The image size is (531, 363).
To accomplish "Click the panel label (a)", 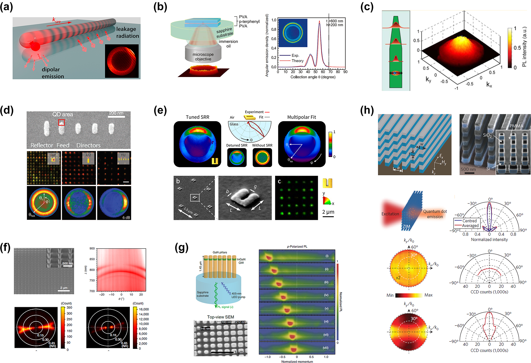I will click(x=6, y=7).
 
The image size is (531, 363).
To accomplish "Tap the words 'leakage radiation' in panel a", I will click(x=127, y=32).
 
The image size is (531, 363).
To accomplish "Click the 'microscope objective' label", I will click(x=203, y=57).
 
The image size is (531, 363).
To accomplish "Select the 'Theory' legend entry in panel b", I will click(x=297, y=61).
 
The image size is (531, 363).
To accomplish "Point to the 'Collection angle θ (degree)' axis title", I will click(x=313, y=77).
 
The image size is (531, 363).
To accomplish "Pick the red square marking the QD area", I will click(x=61, y=122).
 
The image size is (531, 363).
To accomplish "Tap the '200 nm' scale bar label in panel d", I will click(x=116, y=113).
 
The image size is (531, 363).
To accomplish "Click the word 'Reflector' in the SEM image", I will click(x=42, y=145).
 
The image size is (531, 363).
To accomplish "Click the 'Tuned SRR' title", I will click(x=197, y=117).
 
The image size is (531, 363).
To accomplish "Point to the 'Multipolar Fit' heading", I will click(x=301, y=117).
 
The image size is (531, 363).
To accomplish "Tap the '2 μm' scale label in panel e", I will click(x=328, y=212).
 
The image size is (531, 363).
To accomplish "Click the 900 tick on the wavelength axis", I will click(x=92, y=249).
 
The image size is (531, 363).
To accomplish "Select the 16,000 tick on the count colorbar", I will click(x=144, y=309).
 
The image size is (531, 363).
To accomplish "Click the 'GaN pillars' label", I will click(x=220, y=252).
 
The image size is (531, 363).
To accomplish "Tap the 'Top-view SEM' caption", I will click(x=221, y=317).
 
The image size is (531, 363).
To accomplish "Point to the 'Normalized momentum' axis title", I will click(x=297, y=361).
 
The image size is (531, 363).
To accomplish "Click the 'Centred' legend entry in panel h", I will click(x=469, y=221).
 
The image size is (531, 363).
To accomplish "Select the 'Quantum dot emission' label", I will click(x=435, y=214).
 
